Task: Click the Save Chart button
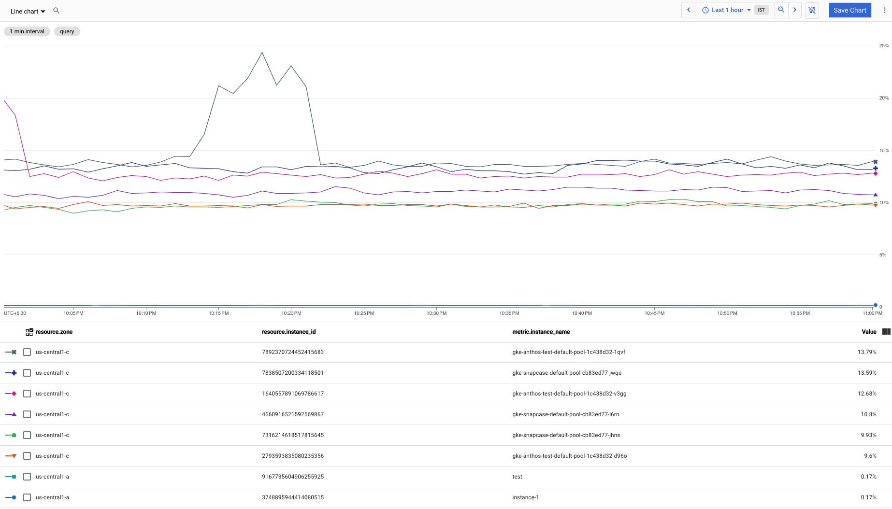pyautogui.click(x=849, y=10)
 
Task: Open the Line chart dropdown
pyautogui.click(x=28, y=11)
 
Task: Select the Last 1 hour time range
pyautogui.click(x=727, y=10)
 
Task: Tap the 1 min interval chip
pyautogui.click(x=27, y=31)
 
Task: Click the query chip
pyautogui.click(x=67, y=31)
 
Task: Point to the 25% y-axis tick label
pyautogui.click(x=883, y=46)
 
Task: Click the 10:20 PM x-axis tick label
pyautogui.click(x=291, y=313)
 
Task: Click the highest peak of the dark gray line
pyautogui.click(x=262, y=53)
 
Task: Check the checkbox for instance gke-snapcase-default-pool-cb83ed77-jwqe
pyautogui.click(x=27, y=373)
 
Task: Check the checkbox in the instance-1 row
pyautogui.click(x=27, y=497)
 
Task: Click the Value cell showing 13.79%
pyautogui.click(x=866, y=352)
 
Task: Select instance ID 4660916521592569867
pyautogui.click(x=293, y=414)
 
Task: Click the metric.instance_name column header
pyautogui.click(x=541, y=332)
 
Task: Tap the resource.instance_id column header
pyautogui.click(x=288, y=332)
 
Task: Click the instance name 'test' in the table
pyautogui.click(x=517, y=477)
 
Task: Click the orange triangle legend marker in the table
pyautogui.click(x=14, y=456)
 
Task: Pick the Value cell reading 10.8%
pyautogui.click(x=868, y=414)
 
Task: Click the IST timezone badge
pyautogui.click(x=761, y=10)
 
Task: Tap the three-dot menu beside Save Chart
pyautogui.click(x=884, y=10)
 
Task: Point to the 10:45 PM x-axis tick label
pyautogui.click(x=654, y=313)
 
